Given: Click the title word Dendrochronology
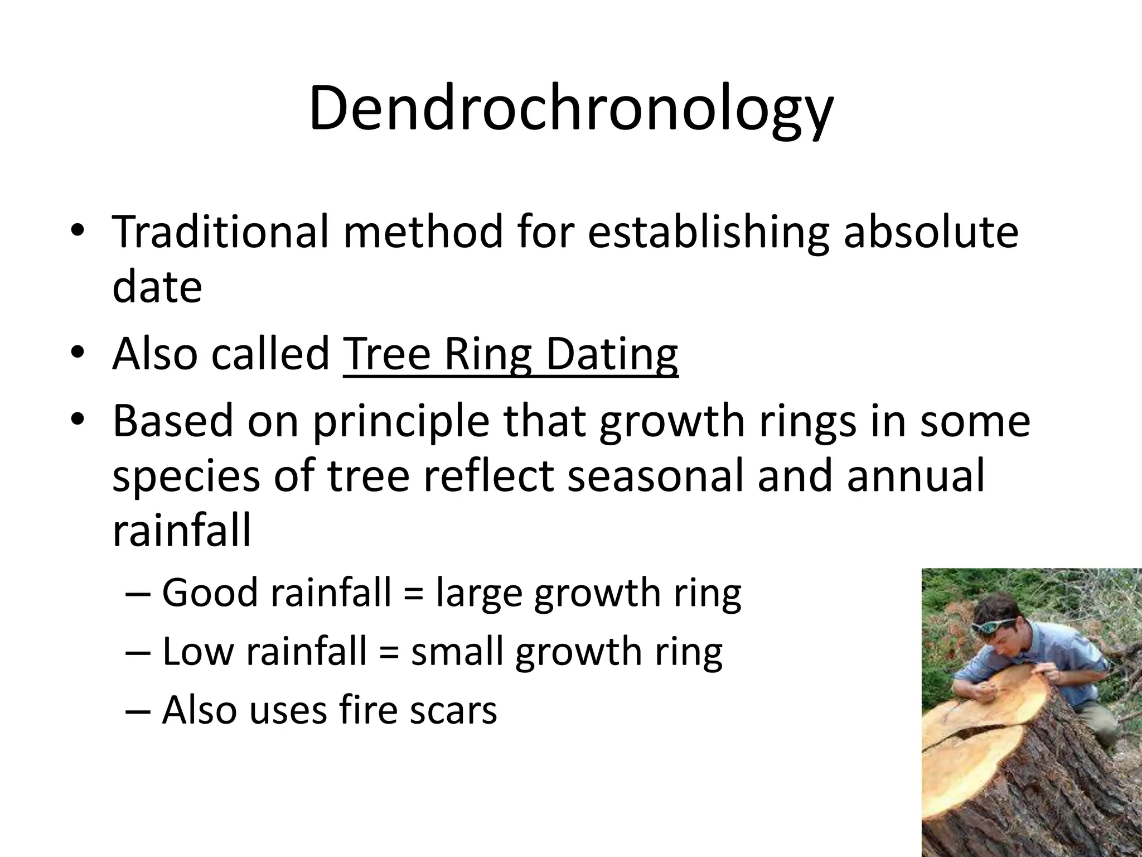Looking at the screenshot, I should (x=570, y=109).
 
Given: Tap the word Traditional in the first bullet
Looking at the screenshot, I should (x=220, y=232).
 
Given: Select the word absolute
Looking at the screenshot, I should (x=931, y=232).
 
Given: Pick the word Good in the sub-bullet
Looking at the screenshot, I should (x=209, y=593).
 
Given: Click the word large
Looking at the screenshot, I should (x=479, y=594).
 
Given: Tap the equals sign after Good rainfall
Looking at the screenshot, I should (x=413, y=594).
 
